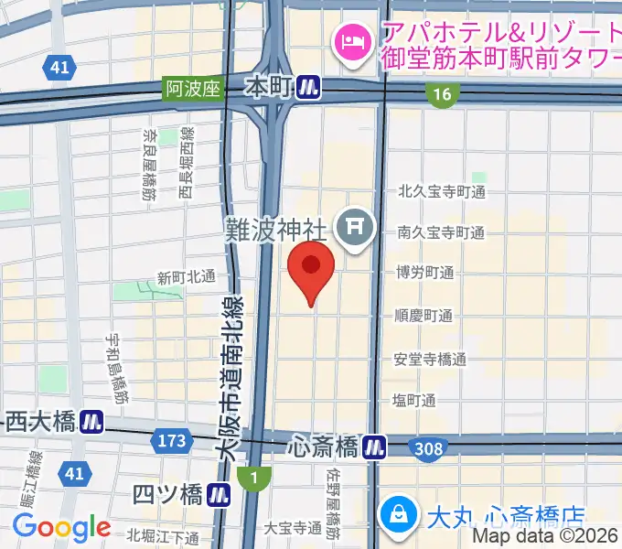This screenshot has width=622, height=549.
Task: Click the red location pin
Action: pyautogui.click(x=311, y=268)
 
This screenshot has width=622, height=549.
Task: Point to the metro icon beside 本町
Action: pyautogui.click(x=312, y=88)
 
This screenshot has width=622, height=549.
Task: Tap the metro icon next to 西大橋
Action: pyautogui.click(x=91, y=422)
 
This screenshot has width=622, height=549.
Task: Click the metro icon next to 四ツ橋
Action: pyautogui.click(x=218, y=496)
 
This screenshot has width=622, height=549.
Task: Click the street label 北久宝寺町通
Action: pyautogui.click(x=441, y=192)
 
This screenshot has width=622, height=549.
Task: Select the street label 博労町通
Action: pyautogui.click(x=424, y=273)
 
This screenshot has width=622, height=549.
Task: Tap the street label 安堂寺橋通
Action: pyautogui.click(x=430, y=359)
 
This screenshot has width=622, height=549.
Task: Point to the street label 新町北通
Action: pyautogui.click(x=186, y=276)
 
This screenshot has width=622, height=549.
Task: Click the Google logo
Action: pyautogui.click(x=61, y=527)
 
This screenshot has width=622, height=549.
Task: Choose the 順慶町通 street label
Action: pyautogui.click(x=424, y=316)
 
